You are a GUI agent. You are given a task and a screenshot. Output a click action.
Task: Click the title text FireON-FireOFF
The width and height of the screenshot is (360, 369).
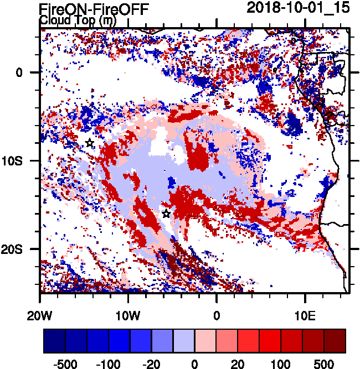click(x=94, y=9)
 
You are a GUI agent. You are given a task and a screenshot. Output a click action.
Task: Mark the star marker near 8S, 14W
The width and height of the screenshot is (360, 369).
click(x=90, y=143)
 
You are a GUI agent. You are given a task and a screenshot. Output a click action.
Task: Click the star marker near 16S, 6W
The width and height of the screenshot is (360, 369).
click(x=166, y=214)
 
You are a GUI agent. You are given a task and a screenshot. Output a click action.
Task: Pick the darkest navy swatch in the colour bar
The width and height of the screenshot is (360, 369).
click(x=55, y=341)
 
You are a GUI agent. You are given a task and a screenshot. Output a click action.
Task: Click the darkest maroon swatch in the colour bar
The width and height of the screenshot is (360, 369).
click(x=335, y=341)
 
